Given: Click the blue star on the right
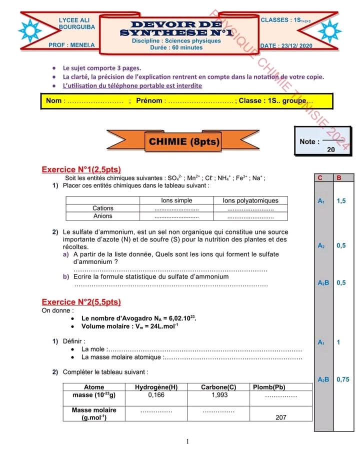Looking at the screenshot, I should [329, 31].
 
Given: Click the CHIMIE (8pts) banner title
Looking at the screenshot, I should [184, 142].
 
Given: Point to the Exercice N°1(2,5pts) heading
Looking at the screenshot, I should [81, 169].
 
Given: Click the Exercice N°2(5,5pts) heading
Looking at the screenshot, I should [81, 302].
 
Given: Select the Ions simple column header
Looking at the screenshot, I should [176, 200].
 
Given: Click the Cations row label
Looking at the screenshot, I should [103, 208].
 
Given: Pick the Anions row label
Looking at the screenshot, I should [103, 216].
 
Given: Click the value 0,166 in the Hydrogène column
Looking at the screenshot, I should [156, 395].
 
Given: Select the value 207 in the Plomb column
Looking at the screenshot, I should [281, 417].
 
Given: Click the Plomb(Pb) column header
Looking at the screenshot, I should [269, 387].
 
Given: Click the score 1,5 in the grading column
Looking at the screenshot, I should [341, 201].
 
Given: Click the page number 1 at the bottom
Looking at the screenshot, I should [187, 441].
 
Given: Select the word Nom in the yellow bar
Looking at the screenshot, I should [53, 101].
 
